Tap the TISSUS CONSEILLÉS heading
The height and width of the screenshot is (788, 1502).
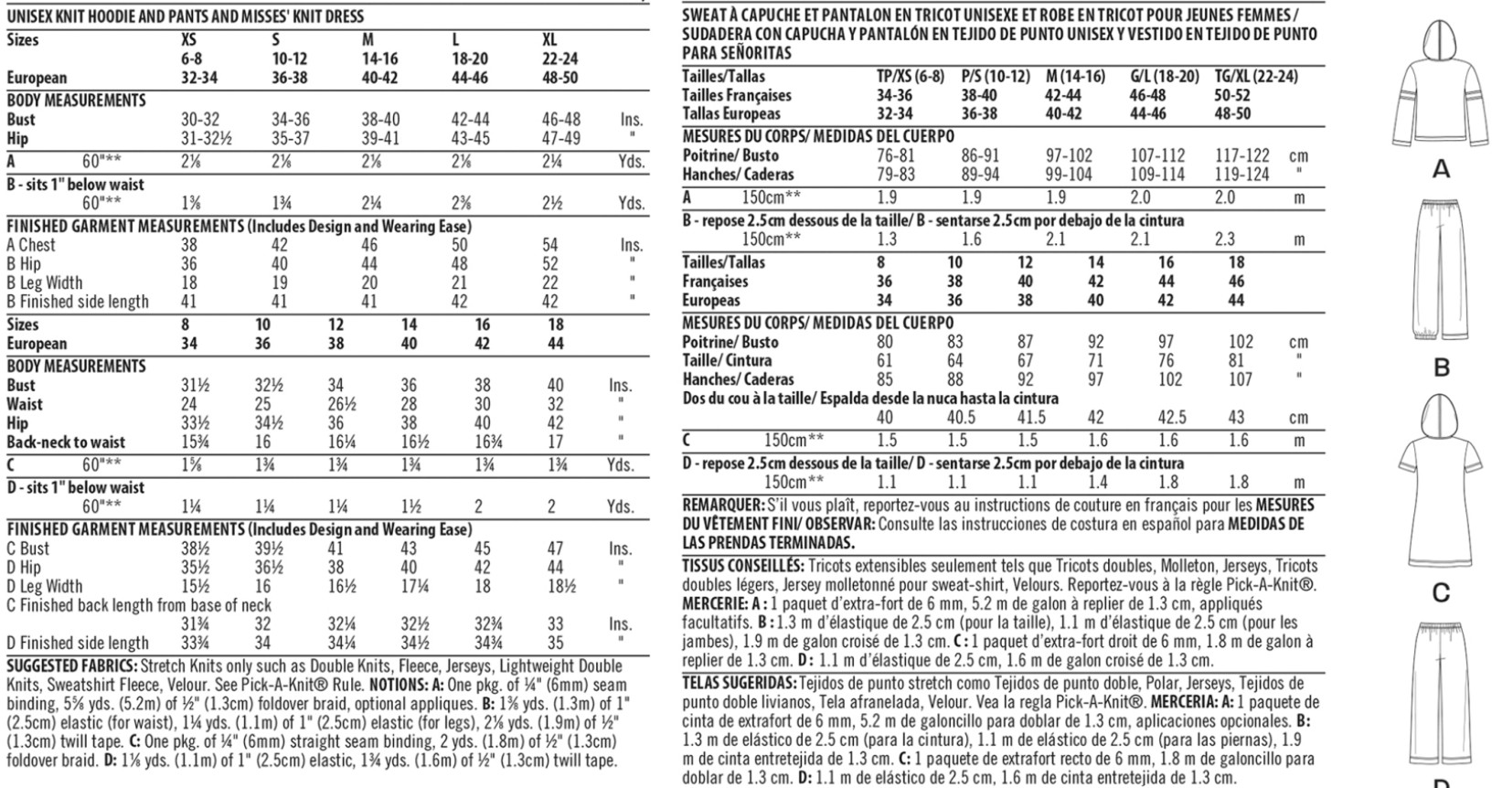point(743,566)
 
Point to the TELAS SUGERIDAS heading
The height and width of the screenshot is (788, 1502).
point(739,682)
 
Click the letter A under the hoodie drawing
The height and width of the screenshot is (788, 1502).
point(1442,169)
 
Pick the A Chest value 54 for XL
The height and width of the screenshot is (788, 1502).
point(550,245)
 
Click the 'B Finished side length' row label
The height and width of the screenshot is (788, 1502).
point(77,302)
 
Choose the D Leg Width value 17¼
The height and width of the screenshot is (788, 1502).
point(409,586)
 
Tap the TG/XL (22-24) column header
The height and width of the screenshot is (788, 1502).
point(1255,77)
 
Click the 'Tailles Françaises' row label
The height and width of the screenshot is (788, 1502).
point(737,95)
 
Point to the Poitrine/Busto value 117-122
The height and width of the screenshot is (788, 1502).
point(1241,155)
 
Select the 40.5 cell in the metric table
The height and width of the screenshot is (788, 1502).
point(961,417)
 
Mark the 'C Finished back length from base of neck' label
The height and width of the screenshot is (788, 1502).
point(139,605)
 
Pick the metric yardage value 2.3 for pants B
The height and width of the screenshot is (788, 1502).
point(1225,240)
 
